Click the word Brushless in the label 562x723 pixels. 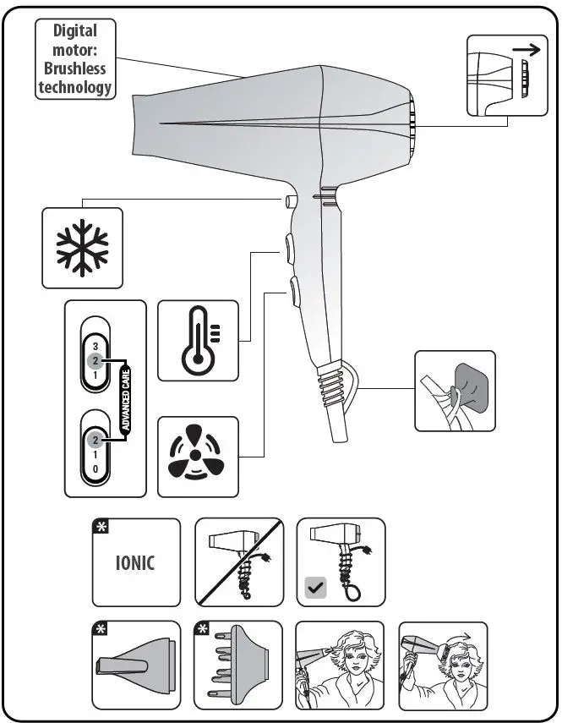point(75,68)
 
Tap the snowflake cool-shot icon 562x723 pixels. point(82,249)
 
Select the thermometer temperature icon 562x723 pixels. point(198,341)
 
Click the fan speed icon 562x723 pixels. point(197,456)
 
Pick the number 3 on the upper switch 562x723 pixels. point(95,347)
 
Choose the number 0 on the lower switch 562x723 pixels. point(95,468)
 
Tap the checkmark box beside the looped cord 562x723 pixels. point(315,588)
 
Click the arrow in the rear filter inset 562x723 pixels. point(526,51)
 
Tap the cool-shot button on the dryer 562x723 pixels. point(291,201)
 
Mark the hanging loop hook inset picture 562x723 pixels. point(455,391)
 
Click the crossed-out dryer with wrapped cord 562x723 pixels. point(238,562)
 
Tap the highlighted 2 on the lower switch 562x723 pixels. point(95,440)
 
